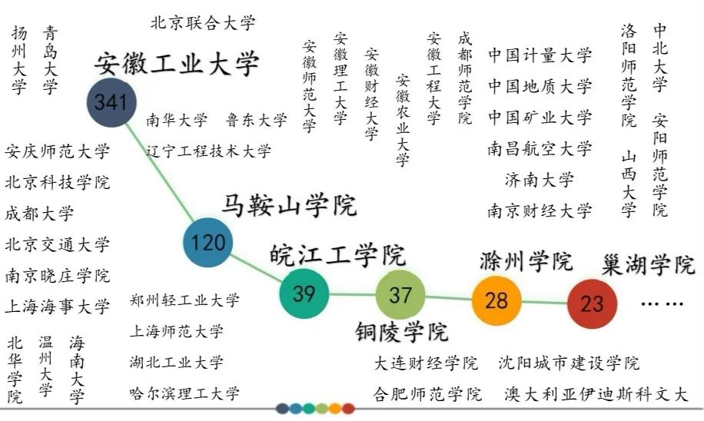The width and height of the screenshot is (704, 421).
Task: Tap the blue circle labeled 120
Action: [208, 243]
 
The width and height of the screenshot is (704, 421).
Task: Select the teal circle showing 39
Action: [304, 293]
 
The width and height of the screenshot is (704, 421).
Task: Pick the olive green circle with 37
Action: [400, 295]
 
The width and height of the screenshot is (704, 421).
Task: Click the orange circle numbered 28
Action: [496, 300]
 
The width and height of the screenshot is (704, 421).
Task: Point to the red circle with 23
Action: [592, 303]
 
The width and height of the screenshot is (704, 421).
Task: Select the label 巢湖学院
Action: [649, 265]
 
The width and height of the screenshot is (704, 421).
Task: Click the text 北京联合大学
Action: [203, 23]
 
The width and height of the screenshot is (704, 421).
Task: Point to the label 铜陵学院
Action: [401, 332]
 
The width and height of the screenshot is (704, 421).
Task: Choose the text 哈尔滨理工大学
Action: [184, 394]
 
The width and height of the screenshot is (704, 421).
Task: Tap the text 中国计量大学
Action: [540, 55]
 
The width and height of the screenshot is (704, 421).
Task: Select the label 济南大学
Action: [540, 180]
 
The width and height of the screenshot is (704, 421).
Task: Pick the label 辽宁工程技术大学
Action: [209, 151]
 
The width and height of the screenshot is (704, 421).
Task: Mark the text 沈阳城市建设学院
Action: [569, 363]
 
